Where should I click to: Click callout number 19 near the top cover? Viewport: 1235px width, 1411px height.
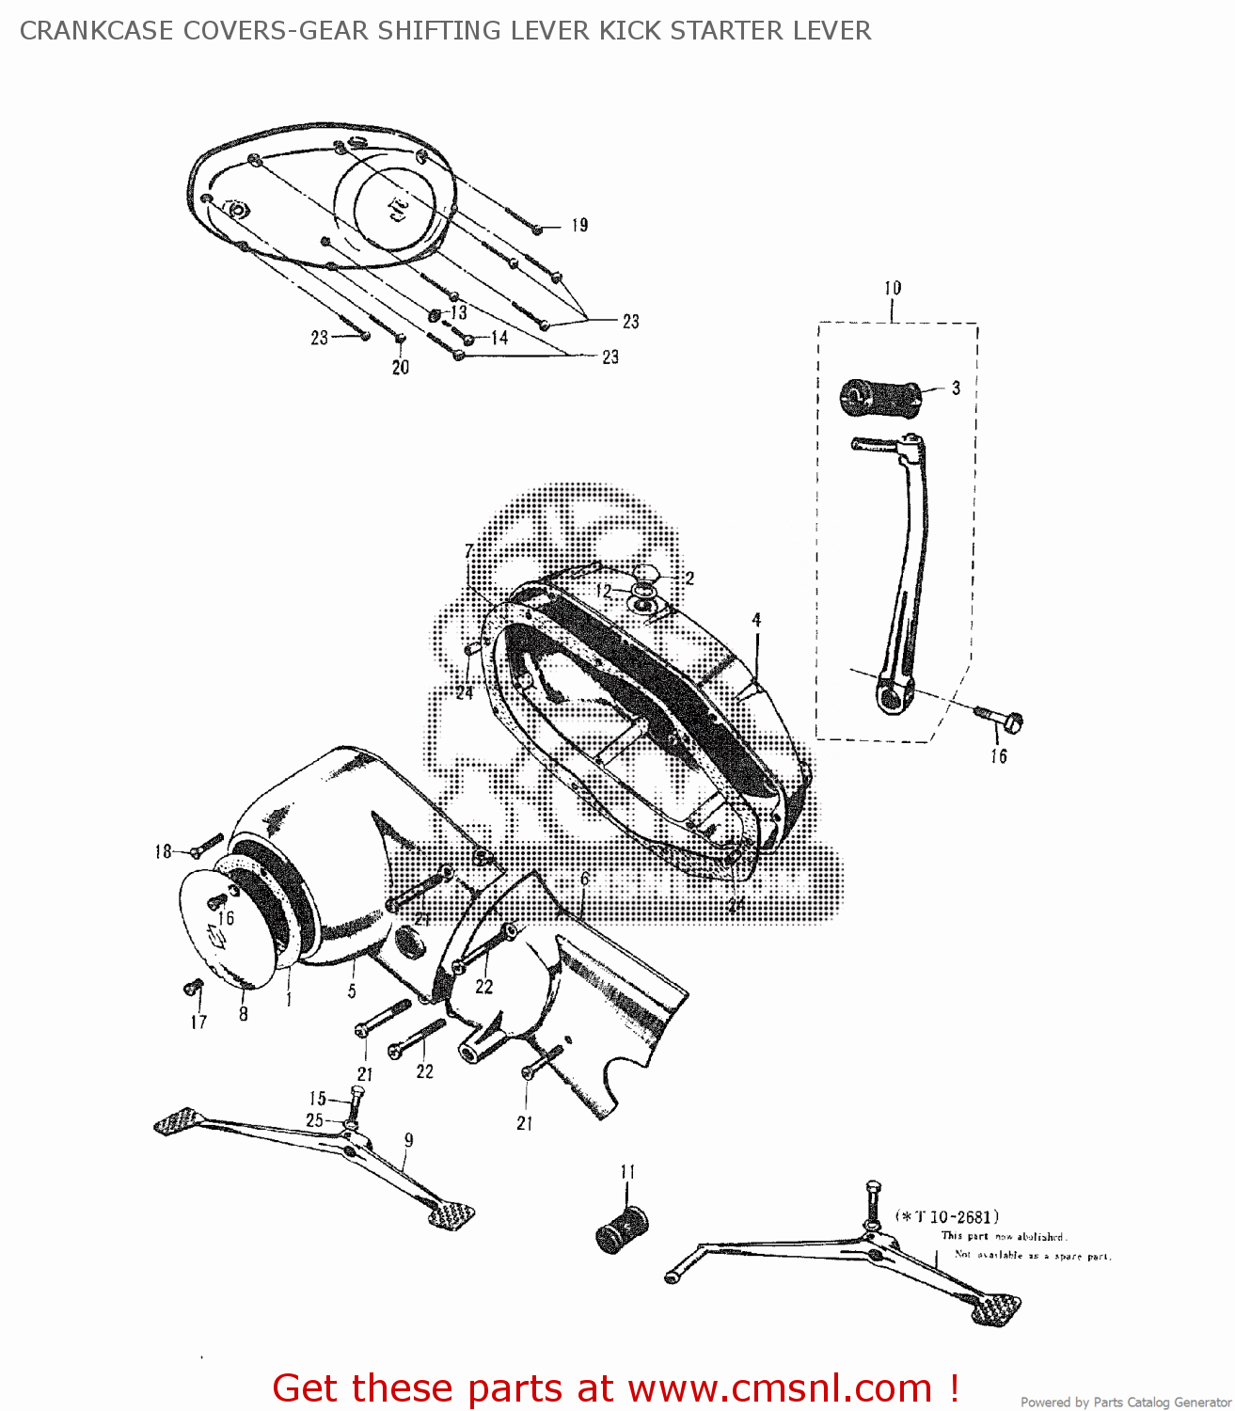click(x=579, y=225)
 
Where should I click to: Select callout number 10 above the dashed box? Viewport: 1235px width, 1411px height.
click(x=892, y=288)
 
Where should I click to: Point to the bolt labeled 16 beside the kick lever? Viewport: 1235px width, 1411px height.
click(x=1005, y=721)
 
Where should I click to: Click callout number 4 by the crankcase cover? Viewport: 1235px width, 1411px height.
click(x=756, y=620)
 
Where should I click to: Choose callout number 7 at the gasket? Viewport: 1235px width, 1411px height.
click(x=468, y=551)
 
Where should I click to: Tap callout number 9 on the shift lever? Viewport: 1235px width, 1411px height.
click(x=409, y=1140)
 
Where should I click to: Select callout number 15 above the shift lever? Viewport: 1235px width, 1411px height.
click(x=318, y=1099)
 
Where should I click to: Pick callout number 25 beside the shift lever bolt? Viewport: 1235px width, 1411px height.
click(x=314, y=1120)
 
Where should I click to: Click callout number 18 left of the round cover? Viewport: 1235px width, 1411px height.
click(x=164, y=851)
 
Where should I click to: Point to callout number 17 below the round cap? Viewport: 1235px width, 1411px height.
click(x=198, y=1022)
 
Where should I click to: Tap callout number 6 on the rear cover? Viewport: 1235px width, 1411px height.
click(x=584, y=879)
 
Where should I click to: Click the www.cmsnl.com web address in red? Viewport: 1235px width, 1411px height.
click(x=780, y=1388)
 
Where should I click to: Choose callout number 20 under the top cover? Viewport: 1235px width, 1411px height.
click(x=401, y=367)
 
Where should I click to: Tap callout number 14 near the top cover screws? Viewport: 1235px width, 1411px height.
click(x=499, y=337)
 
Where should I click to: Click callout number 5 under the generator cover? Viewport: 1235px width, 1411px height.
click(x=352, y=991)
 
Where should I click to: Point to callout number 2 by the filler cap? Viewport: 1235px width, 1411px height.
click(x=689, y=579)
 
